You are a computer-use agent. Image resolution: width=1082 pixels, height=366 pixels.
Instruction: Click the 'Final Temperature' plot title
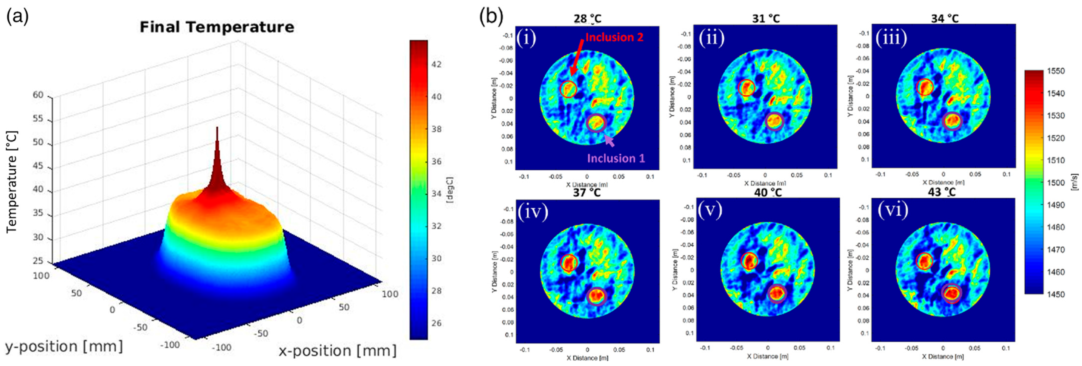tap(217, 27)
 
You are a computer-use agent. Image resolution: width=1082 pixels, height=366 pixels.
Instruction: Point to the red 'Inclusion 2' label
tap(614, 37)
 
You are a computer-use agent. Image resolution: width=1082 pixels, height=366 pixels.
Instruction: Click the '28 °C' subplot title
tap(587, 19)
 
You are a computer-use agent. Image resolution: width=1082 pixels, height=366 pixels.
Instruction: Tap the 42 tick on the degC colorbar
tap(437, 64)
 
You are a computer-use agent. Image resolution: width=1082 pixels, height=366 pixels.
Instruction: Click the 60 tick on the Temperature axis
tap(38, 95)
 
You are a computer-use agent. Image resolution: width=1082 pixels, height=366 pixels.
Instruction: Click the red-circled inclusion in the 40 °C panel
tap(749, 261)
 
